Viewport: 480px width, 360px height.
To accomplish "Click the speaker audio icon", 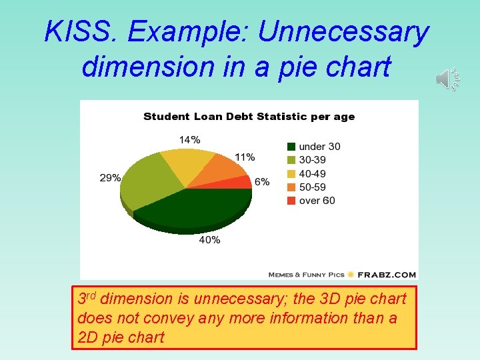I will [x=448, y=79].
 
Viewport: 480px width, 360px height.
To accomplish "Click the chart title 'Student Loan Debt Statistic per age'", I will [x=249, y=117].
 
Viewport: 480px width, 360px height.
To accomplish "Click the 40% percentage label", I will [x=209, y=239].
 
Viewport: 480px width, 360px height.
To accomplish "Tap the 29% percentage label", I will [x=110, y=178].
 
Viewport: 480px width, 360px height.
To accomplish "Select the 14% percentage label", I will [x=189, y=139].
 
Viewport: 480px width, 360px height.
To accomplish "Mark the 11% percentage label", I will [x=244, y=157].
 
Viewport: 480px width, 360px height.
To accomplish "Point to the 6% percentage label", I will [x=262, y=182].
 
